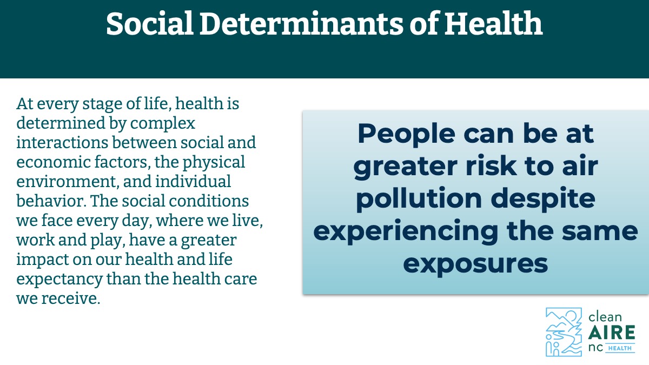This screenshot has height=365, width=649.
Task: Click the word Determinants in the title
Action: [x=301, y=24]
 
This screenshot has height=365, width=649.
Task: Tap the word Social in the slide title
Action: [x=150, y=24]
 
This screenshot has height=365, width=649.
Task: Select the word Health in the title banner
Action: [x=493, y=23]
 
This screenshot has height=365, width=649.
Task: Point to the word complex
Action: [x=163, y=124]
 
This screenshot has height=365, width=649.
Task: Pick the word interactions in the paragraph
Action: [x=62, y=143]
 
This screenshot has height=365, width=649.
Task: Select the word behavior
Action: [x=51, y=201]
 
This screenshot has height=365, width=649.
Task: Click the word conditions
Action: [x=209, y=201]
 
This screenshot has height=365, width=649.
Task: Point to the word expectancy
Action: [x=59, y=280]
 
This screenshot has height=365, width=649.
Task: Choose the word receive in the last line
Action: [x=71, y=298]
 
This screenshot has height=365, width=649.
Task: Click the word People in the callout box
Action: [x=406, y=135]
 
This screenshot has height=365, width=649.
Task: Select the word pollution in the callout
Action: [x=419, y=200]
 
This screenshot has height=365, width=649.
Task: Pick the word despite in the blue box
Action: [x=543, y=200]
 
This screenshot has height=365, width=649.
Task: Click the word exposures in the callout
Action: [x=475, y=264]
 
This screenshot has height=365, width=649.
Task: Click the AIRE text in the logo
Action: [x=612, y=332]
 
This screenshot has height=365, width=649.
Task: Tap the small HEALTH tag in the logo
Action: [x=620, y=348]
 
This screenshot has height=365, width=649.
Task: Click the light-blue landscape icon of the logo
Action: [x=564, y=331]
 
